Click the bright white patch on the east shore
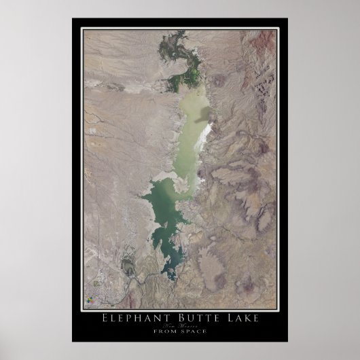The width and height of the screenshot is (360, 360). pos(201,139)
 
